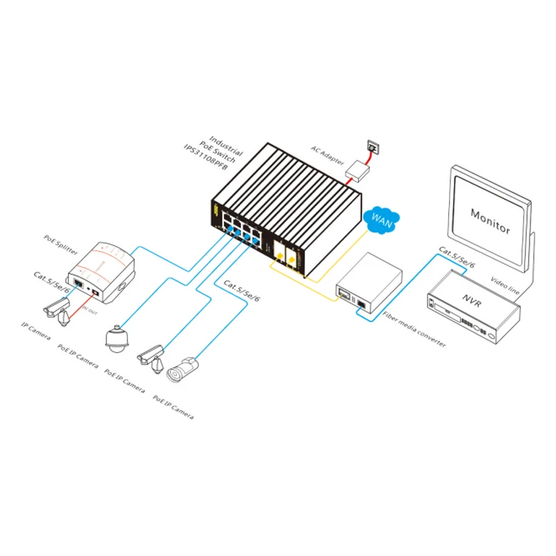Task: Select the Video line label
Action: pos(503,285)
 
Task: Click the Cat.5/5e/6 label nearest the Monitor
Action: pos(456,258)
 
